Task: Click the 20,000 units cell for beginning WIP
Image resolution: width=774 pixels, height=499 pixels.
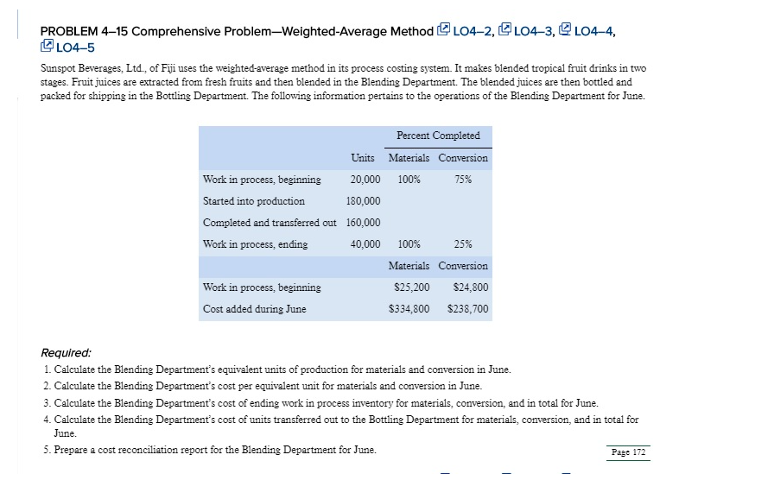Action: tap(365, 180)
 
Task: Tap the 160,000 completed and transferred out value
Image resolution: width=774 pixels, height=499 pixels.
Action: tap(363, 223)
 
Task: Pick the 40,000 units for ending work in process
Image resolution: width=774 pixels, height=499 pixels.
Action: tap(365, 244)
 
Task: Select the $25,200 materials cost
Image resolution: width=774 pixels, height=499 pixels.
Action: tap(411, 287)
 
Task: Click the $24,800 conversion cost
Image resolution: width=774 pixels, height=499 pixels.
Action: tap(470, 287)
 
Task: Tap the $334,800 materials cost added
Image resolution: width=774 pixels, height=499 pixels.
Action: tap(409, 308)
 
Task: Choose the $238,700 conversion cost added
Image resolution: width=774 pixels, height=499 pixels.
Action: tap(467, 308)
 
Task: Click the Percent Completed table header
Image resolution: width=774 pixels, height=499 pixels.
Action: tap(438, 136)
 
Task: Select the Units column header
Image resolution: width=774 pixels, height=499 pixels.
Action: tap(363, 158)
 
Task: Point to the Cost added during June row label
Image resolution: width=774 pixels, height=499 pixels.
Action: tap(254, 308)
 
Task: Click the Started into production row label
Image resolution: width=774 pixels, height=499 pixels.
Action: tap(253, 201)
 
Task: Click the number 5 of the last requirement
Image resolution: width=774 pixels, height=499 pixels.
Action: tap(45, 450)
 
